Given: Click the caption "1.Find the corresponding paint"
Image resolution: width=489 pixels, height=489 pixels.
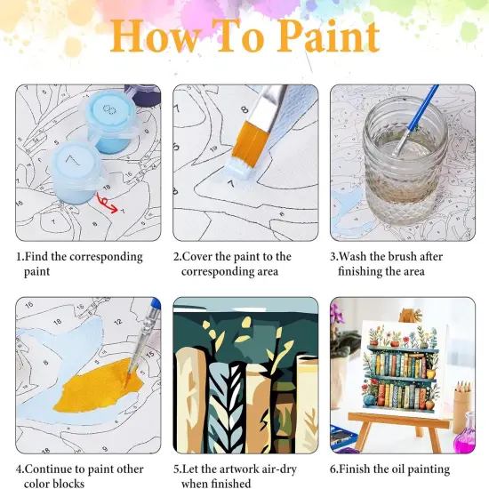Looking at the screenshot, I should [79, 263].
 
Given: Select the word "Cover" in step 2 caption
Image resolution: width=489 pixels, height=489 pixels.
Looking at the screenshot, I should [206, 256].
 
